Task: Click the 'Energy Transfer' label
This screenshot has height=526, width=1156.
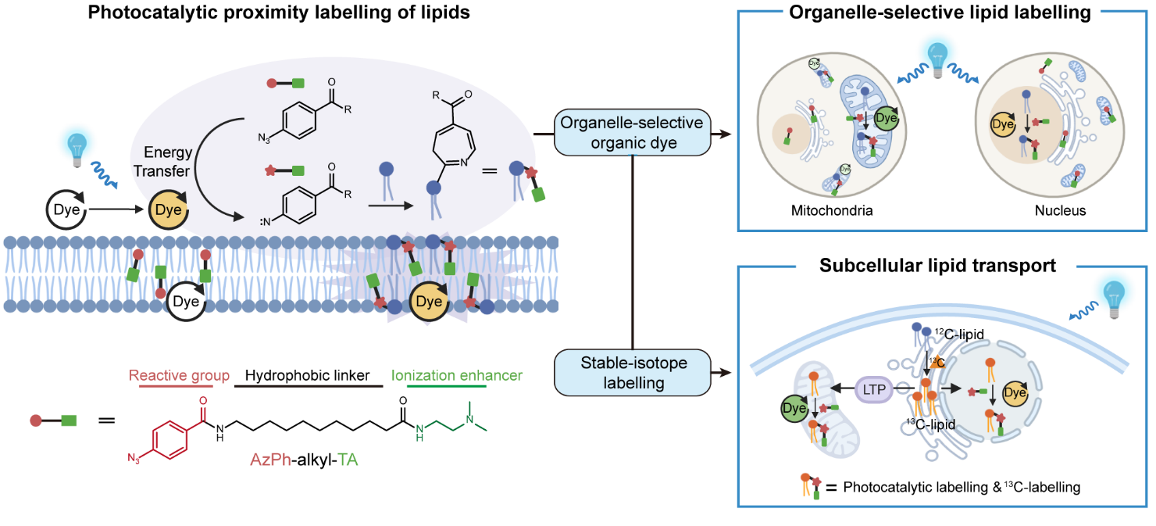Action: point(168,161)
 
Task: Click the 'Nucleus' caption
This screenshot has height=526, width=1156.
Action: point(1060,210)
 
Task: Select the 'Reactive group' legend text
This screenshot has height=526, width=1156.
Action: point(179,375)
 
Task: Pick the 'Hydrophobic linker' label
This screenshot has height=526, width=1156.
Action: point(307,375)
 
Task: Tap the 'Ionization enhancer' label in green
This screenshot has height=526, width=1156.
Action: point(457,375)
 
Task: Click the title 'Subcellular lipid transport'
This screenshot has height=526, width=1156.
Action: point(938,266)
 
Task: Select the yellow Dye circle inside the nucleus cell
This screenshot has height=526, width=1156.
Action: point(1003,123)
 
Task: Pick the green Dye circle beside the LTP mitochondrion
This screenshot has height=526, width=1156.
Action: point(795,407)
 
